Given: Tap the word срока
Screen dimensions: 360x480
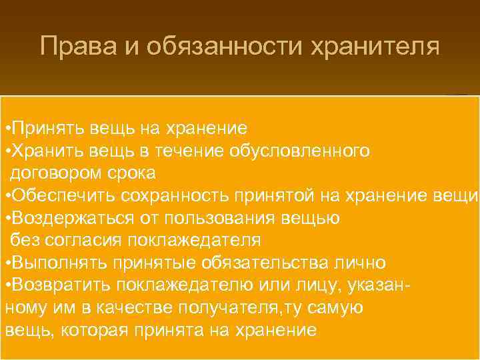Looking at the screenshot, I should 133,173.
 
